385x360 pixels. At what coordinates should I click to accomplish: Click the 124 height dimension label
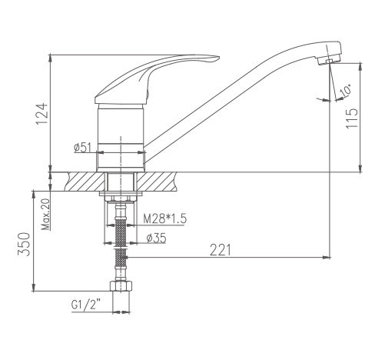pos(41,114)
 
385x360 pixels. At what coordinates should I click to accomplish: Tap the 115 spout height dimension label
pos(352,118)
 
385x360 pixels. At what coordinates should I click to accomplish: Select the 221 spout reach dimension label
pos(221,250)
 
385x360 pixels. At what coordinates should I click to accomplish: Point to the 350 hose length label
pos(24,244)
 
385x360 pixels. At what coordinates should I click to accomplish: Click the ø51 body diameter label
pos(82,148)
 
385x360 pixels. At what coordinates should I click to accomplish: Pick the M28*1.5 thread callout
pos(164,219)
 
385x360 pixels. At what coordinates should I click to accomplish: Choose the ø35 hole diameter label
pos(156,238)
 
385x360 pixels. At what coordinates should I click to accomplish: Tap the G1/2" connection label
pos(86,305)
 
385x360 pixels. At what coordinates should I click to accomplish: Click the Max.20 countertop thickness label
pos(46,215)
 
